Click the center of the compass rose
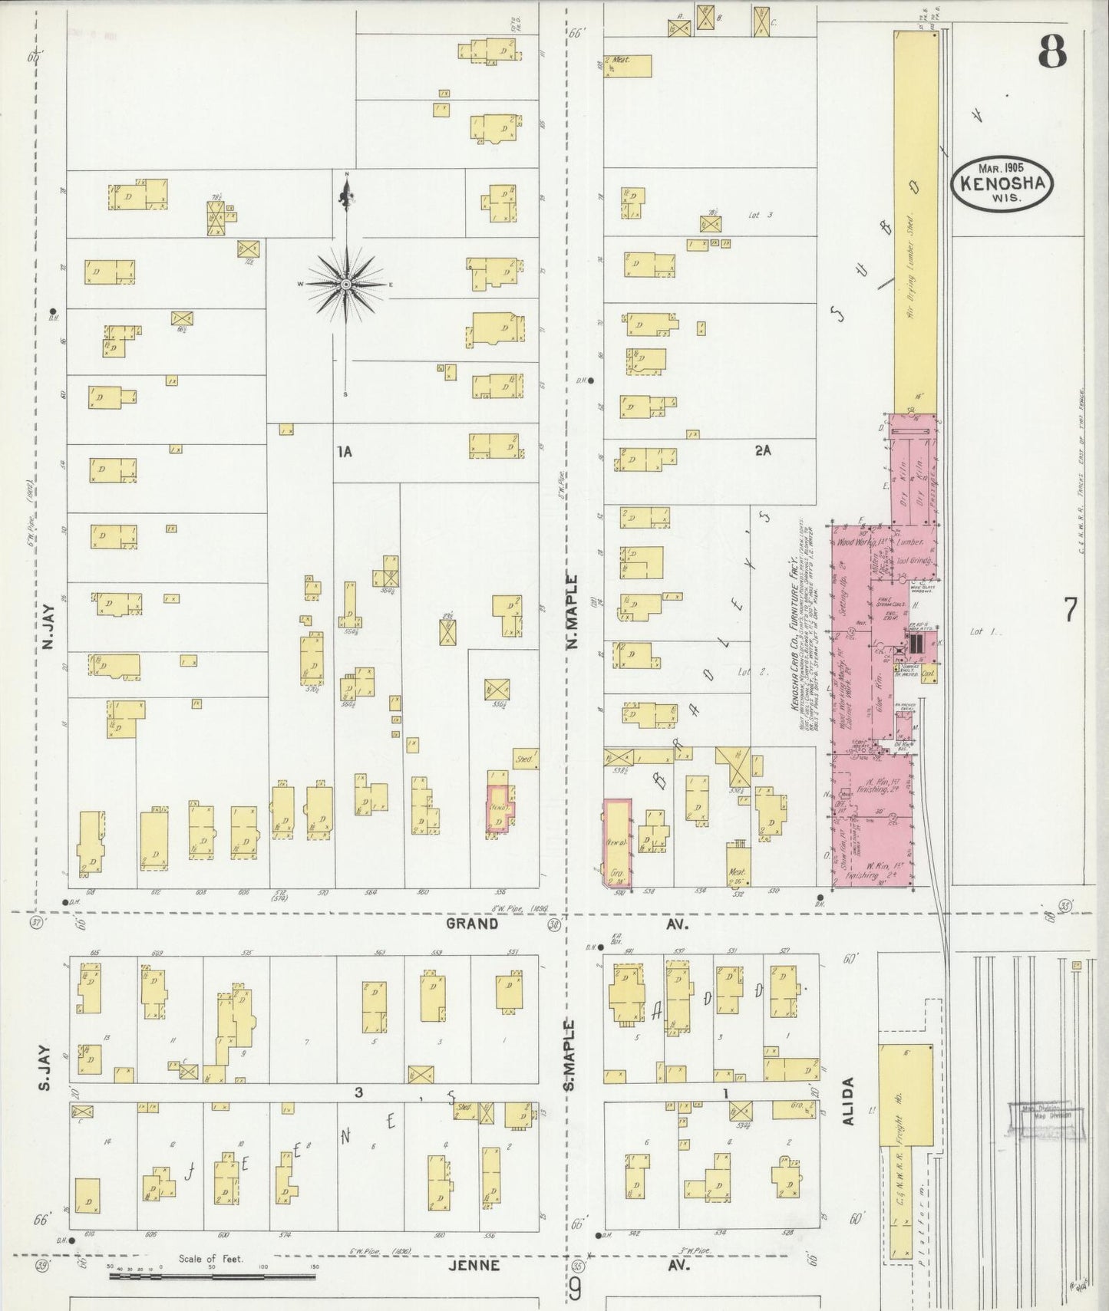click(x=347, y=284)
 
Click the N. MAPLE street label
click(x=572, y=613)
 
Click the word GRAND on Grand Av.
click(x=472, y=924)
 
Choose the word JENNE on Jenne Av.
click(x=478, y=1265)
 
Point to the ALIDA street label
click(x=848, y=1101)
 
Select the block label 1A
click(x=345, y=453)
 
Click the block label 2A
click(x=762, y=451)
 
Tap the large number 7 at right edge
click(x=1071, y=610)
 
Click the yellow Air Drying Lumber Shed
click(x=916, y=222)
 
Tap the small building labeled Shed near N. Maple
click(x=525, y=759)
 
